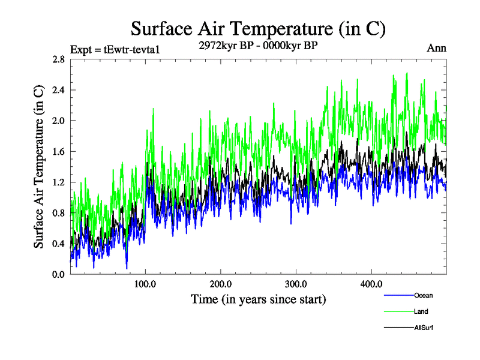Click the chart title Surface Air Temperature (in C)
pyautogui.click(x=258, y=29)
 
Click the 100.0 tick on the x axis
pyautogui.click(x=146, y=284)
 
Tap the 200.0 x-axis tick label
pyautogui.click(x=221, y=284)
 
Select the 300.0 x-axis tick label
pyautogui.click(x=296, y=284)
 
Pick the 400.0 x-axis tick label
pyautogui.click(x=371, y=284)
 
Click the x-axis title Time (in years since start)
pyautogui.click(x=258, y=298)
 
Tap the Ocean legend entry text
pyautogui.click(x=423, y=295)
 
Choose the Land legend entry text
pyautogui.click(x=421, y=311)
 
